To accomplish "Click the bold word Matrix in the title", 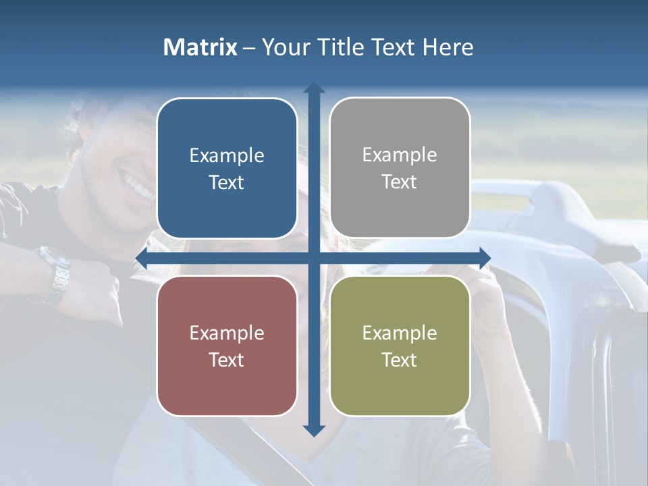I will point(200,47).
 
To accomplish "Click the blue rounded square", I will point(227,168).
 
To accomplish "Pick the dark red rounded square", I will point(227,346).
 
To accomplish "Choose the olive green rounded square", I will point(400,346).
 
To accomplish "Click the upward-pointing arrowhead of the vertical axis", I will point(314,88).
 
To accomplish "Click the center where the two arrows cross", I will point(314,258).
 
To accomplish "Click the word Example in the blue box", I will point(227,156).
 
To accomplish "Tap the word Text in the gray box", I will point(400,182).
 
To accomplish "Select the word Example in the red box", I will point(227,333).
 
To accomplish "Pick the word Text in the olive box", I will point(400,360).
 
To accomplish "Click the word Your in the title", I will point(283,47).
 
